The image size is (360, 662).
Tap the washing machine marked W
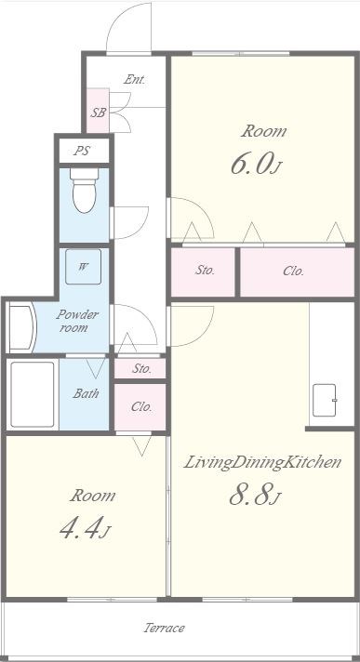point(83,267)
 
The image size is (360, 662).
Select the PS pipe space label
point(82,151)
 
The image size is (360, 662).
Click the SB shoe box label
point(98,113)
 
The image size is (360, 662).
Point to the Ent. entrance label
point(134,79)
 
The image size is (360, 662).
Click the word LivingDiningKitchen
point(262,463)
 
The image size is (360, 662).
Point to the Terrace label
point(165,628)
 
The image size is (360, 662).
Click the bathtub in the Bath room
point(33,394)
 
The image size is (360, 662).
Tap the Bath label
point(86,394)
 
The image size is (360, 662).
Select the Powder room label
point(77,322)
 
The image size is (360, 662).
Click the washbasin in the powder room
point(22,327)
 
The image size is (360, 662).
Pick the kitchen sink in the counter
point(325,400)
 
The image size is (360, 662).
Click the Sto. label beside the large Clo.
point(205,271)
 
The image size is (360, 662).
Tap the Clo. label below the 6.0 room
point(293,271)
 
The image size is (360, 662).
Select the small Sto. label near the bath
point(142,368)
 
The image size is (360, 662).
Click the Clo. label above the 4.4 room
point(141,407)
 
